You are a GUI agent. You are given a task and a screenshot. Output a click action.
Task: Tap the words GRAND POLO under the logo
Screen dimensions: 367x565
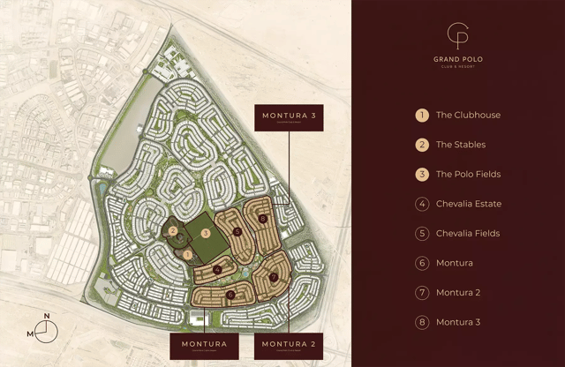[x=458, y=59]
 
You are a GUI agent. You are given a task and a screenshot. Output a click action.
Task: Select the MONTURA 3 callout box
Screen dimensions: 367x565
[x=288, y=118]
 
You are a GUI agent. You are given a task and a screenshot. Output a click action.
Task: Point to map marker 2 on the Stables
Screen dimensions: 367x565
[x=174, y=232]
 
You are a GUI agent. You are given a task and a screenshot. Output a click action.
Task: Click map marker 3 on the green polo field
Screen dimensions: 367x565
[x=205, y=234]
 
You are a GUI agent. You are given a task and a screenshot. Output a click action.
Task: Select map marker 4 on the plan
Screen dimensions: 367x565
[x=217, y=269]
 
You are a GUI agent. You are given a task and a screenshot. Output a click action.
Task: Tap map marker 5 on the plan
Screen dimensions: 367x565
[x=237, y=232]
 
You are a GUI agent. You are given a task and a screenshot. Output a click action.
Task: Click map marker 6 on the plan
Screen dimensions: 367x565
[x=230, y=295]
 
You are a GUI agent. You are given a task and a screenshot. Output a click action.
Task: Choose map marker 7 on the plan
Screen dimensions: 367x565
[x=274, y=277]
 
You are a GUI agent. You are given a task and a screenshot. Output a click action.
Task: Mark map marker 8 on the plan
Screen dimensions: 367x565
[x=262, y=218]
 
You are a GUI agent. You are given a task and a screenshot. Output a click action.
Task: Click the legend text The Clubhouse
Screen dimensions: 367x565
[x=468, y=115]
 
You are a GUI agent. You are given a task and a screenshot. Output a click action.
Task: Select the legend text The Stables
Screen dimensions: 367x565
[x=461, y=145]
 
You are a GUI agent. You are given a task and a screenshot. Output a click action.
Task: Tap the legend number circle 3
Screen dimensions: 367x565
[x=422, y=174]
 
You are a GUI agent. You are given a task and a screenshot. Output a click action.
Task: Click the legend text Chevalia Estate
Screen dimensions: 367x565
[x=469, y=204]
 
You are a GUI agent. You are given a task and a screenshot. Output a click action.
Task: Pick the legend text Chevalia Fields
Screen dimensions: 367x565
[x=468, y=234]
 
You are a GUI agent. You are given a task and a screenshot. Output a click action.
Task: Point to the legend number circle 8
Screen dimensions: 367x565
[x=422, y=322]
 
